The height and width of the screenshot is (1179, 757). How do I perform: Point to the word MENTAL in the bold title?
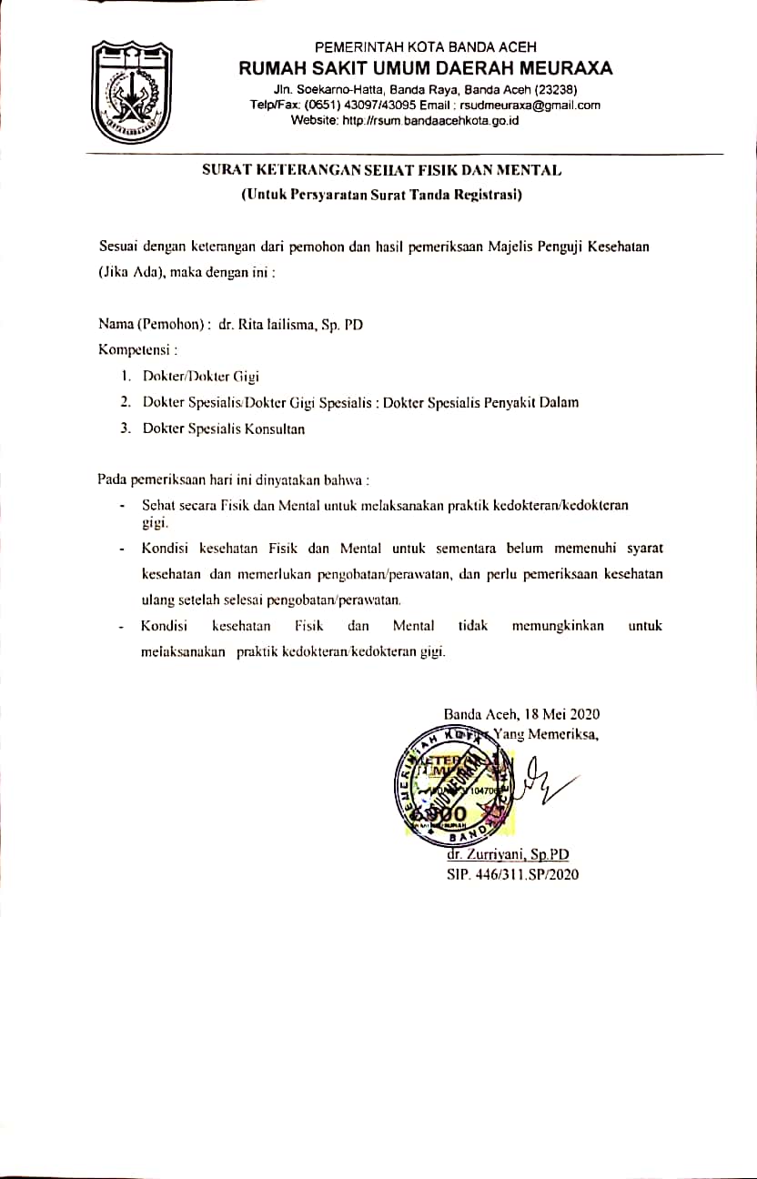coord(527,170)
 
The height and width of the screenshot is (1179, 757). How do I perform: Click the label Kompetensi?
coord(136,348)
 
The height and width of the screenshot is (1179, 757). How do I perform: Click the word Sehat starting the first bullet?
coord(158,504)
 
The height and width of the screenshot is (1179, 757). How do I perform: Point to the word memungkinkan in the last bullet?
coord(557,626)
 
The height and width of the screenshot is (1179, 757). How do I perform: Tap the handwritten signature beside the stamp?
coord(544,779)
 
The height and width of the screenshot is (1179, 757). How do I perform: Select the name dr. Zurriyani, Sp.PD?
coord(508,855)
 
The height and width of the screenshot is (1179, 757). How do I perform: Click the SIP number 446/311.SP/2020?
coord(528,874)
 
